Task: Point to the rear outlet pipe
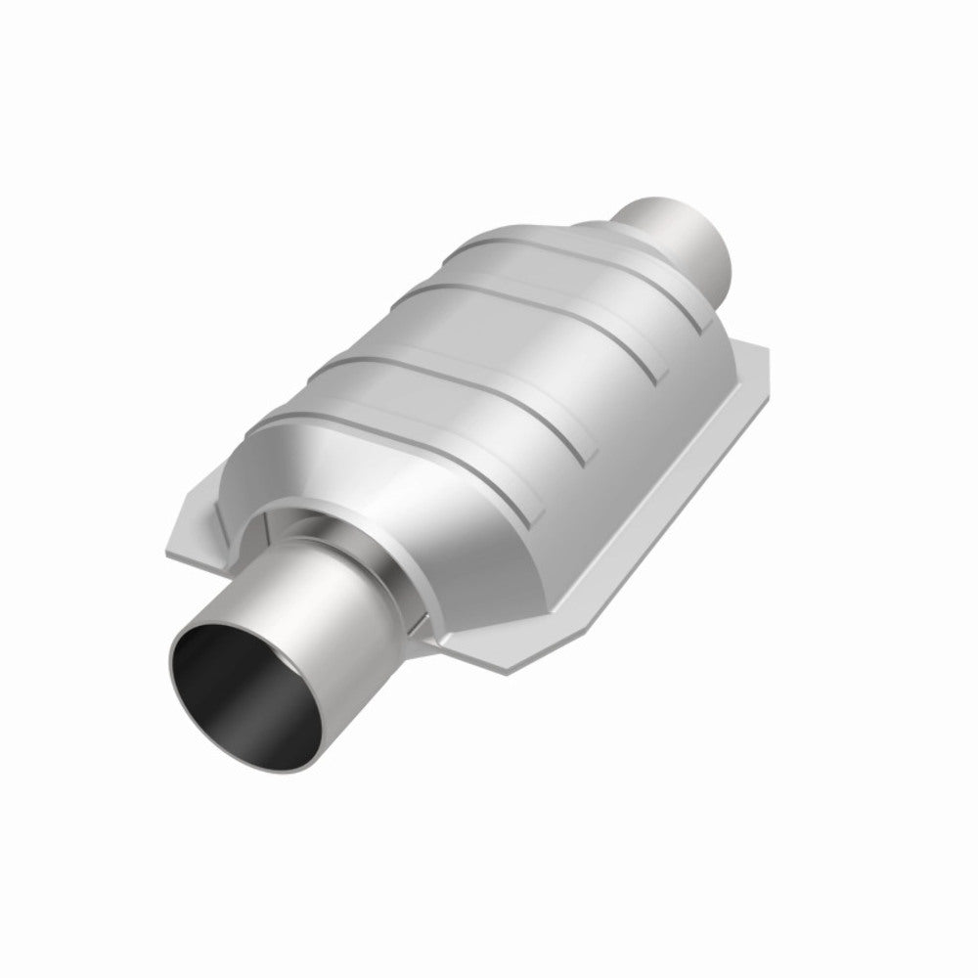click(675, 230)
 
